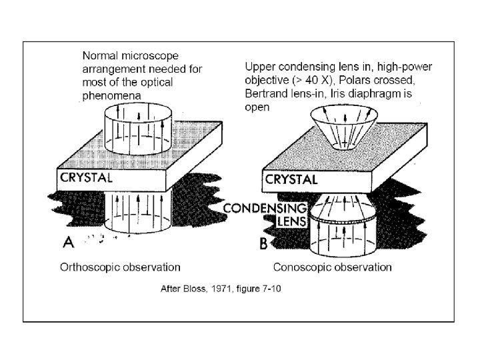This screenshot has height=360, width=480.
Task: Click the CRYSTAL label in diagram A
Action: click(x=87, y=178)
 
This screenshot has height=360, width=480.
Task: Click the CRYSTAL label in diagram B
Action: click(x=291, y=179)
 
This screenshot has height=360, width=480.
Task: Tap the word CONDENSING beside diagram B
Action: click(x=264, y=208)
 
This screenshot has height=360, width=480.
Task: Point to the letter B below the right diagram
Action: click(x=263, y=244)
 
